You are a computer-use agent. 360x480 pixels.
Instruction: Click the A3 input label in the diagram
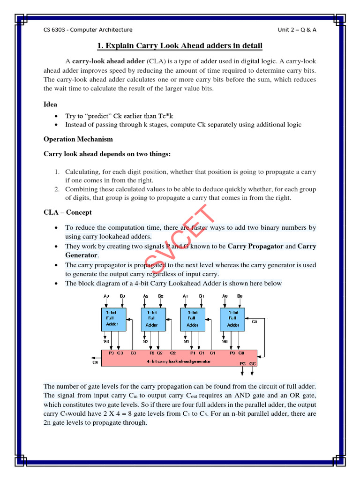coord(106,296)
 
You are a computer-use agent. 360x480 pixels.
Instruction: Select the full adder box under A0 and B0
coord(233,319)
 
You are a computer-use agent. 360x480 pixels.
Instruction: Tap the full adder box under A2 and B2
coord(152,319)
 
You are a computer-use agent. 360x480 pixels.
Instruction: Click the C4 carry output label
coord(96,361)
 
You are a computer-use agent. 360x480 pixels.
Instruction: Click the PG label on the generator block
coord(242,363)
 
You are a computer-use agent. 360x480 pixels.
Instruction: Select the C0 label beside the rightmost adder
coord(255,322)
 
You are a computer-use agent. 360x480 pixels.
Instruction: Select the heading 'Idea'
coord(50,105)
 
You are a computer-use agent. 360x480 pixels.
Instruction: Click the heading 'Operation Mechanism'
coord(78,139)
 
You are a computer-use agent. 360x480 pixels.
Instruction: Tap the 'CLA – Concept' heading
coord(67,213)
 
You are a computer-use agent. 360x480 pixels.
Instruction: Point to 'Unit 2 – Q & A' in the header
coord(297,30)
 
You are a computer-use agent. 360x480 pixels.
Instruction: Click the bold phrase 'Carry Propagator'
coord(255,246)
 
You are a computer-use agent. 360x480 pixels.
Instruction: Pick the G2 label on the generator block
coord(160,352)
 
